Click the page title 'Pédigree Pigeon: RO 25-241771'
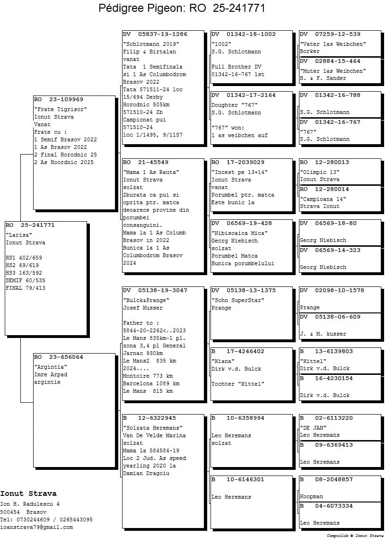182,8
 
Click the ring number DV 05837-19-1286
155,35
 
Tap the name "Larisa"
19,235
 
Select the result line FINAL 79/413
26,288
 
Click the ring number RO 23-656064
59,357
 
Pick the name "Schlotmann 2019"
151,44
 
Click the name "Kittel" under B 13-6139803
313,361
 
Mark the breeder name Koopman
311,496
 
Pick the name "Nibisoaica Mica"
240,233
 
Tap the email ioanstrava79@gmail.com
37,527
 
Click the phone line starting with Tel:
46,519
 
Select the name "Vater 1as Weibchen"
333,44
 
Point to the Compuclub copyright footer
355,536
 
